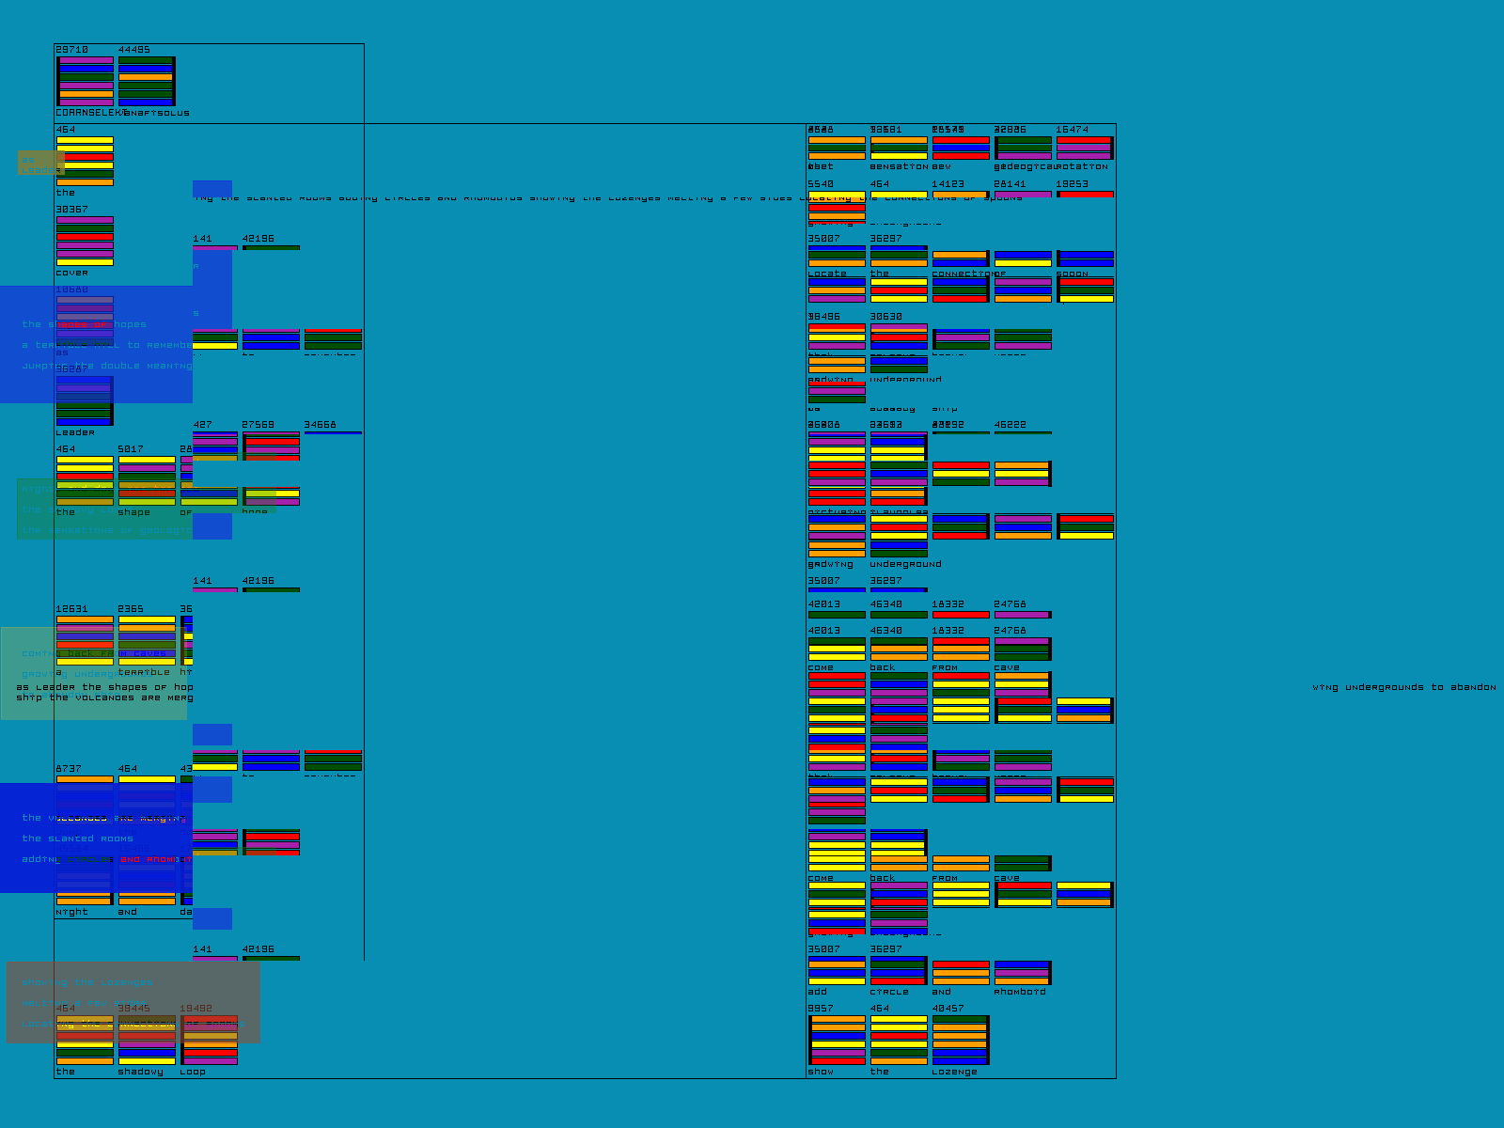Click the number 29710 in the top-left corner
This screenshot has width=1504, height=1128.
71,50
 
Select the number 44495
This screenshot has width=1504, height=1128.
133,50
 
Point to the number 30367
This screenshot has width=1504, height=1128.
71,210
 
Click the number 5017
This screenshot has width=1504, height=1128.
131,449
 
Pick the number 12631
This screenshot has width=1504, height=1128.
71,609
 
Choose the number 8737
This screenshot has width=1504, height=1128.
69,769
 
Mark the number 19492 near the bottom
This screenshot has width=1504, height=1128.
196,1009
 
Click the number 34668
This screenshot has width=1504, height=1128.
320,425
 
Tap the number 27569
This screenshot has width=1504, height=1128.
258,425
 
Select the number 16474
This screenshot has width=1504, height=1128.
1072,130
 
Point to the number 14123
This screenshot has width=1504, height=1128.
948,184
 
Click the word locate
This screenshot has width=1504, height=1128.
827,274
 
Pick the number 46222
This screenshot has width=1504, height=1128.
1010,425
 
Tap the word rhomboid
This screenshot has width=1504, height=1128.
1019,992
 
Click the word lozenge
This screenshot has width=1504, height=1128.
954,1072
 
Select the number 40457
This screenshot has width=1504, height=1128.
948,1009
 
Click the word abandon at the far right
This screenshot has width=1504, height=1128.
1473,687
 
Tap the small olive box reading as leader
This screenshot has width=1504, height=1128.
41,164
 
